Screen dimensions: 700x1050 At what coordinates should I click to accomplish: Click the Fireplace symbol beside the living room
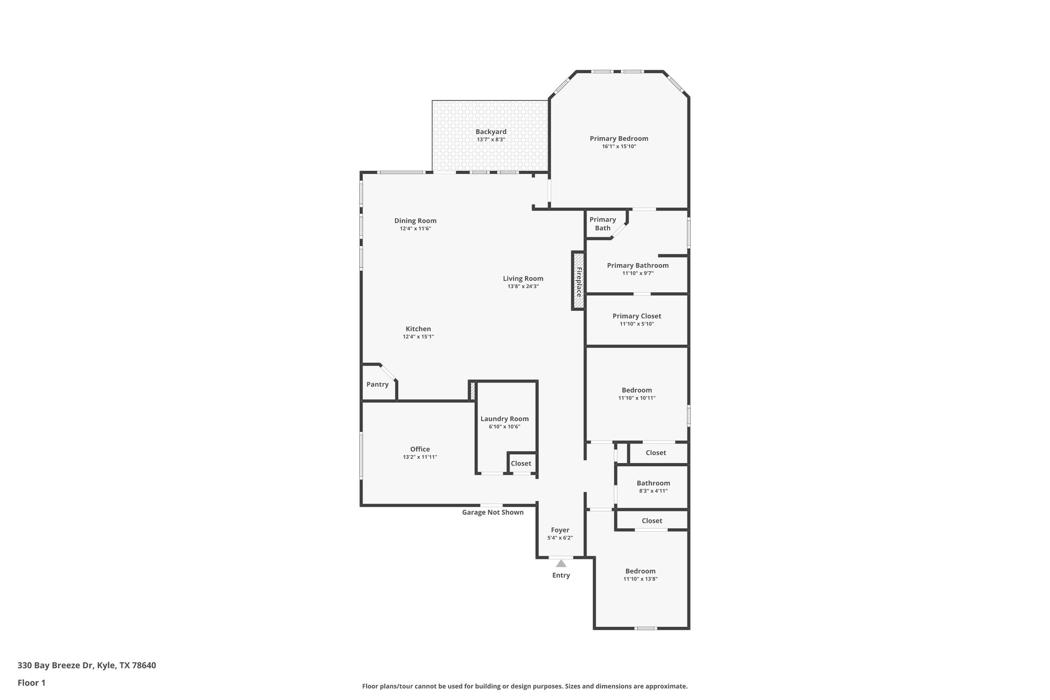click(x=578, y=281)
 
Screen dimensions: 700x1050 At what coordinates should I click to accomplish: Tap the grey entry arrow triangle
click(x=561, y=563)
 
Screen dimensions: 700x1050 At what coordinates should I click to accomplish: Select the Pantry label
click(x=377, y=385)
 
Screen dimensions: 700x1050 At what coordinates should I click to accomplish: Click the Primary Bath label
click(x=602, y=224)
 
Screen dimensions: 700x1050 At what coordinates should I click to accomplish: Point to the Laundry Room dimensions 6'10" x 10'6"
click(x=504, y=427)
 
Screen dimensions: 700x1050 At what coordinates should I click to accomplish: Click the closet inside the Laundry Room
click(x=521, y=464)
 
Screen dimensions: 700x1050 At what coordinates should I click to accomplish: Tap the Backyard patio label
click(x=491, y=132)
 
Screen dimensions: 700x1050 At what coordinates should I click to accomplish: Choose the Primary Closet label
click(x=637, y=316)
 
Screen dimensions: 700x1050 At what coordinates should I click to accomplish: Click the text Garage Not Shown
click(x=493, y=512)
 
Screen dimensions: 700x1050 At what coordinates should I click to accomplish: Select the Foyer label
click(x=560, y=530)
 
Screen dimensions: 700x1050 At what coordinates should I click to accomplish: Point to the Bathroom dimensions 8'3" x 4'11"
click(x=653, y=491)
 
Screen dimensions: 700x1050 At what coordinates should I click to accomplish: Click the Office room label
click(x=420, y=449)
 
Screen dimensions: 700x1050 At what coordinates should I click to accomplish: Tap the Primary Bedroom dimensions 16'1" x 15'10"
click(x=619, y=146)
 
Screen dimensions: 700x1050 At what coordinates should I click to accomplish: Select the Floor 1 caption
click(x=31, y=683)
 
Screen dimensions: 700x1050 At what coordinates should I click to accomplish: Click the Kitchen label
click(x=418, y=329)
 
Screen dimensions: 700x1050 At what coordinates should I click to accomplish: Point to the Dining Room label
click(x=415, y=221)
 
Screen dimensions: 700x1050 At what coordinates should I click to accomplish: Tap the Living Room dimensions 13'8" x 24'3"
click(x=523, y=286)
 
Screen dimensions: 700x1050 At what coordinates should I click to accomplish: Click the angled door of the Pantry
click(x=388, y=372)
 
